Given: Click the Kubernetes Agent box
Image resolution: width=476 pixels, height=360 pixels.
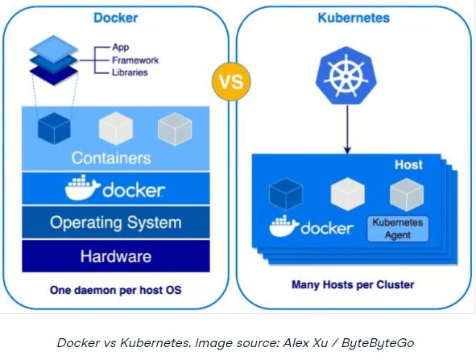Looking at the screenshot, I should [398, 227].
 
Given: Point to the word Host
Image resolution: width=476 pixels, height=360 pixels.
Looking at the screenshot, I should [408, 164].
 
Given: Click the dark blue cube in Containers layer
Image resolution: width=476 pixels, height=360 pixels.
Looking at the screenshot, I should [56, 127].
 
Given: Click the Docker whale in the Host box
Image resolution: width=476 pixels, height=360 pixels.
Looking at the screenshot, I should [284, 228].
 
